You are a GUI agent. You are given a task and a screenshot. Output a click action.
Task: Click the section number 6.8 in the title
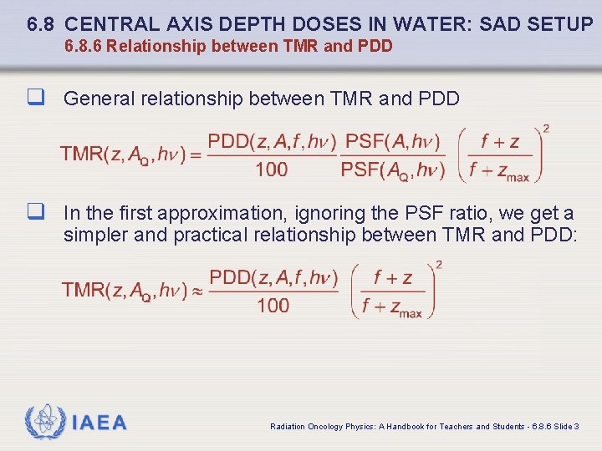[x=41, y=23]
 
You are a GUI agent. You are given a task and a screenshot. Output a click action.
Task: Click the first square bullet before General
[x=35, y=99]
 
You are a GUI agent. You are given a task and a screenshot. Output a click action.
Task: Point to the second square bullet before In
[x=35, y=213]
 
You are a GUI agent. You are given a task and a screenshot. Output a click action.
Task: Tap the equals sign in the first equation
[x=196, y=155]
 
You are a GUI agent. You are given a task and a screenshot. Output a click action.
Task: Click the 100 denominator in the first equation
[x=271, y=170]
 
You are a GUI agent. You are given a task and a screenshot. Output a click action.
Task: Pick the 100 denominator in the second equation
[x=273, y=306]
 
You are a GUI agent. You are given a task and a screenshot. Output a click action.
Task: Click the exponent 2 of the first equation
[x=546, y=129]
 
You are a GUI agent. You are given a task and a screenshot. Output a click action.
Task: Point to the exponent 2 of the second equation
[x=439, y=265]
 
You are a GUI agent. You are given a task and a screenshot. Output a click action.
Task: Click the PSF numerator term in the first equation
[x=392, y=141]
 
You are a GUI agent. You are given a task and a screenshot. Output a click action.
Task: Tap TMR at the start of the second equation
[x=83, y=290]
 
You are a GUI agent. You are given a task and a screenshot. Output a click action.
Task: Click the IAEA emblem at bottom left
[x=43, y=422]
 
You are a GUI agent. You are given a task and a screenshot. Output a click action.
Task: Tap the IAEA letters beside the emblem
[x=99, y=423]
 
